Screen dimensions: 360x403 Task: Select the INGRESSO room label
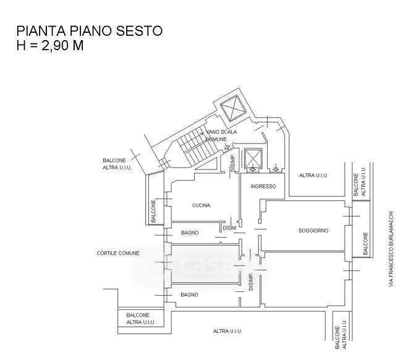[x=263, y=187]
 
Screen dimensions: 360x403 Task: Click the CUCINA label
[x=201, y=205]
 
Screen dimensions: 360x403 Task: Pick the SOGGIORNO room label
[x=313, y=230]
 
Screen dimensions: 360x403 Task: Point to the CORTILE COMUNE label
[x=118, y=254]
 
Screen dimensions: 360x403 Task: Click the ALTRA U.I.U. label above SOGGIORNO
[x=313, y=176]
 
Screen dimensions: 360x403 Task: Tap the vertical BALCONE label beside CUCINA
[x=154, y=210]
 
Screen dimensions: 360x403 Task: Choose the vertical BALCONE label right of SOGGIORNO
[x=365, y=244]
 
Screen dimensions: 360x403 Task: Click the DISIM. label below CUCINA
[x=229, y=228]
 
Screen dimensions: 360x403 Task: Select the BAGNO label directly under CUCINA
[x=189, y=233]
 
